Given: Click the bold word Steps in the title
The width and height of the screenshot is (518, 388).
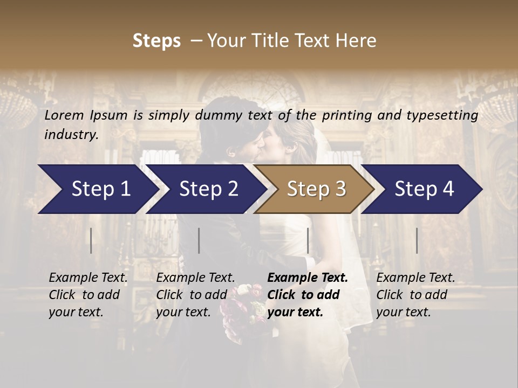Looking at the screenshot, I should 156,41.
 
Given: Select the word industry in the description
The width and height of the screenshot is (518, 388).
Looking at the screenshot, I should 71,135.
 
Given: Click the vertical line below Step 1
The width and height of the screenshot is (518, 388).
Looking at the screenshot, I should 91,240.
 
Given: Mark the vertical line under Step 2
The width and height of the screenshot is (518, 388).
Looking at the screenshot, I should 199,240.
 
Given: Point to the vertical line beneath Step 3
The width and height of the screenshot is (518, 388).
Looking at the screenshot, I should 308,240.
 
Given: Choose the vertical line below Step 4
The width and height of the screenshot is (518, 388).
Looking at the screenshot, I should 417,240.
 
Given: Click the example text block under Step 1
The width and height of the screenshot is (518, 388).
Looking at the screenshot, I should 88,295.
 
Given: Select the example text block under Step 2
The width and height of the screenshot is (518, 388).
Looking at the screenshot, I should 195,295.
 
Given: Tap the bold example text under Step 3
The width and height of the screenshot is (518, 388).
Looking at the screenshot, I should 308,295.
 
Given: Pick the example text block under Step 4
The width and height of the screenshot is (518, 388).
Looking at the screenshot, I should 415,295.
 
